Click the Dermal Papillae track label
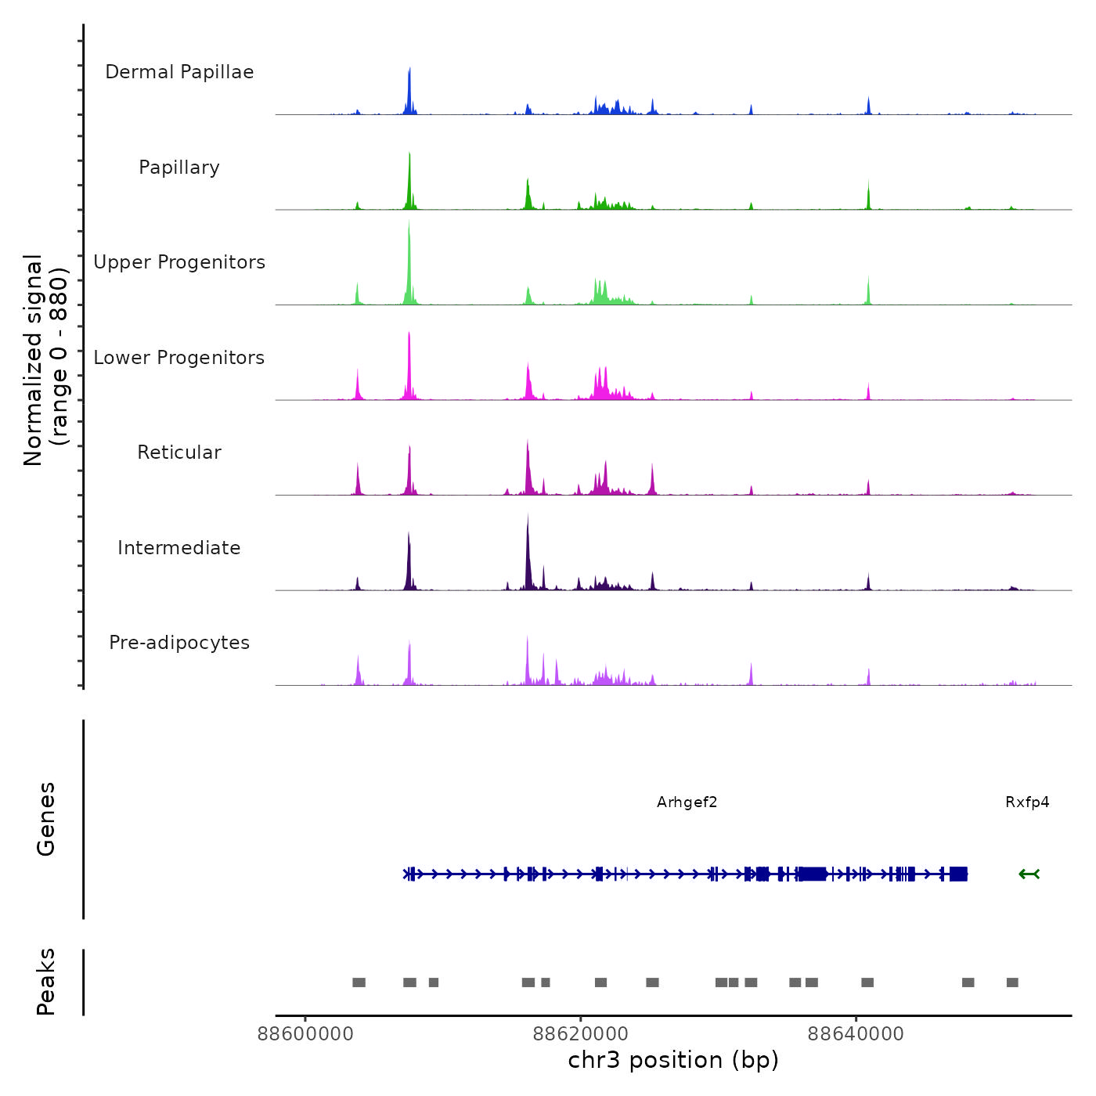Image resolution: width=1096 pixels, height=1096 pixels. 179,72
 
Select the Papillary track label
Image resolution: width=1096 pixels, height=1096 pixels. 179,168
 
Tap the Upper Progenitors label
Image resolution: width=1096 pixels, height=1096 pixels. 179,262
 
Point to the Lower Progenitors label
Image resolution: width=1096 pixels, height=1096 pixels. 179,358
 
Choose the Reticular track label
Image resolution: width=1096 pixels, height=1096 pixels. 179,452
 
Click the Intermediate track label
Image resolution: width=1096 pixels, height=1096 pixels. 179,548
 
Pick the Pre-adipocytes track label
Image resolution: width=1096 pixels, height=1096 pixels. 179,643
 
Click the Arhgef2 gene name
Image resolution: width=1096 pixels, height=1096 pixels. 687,802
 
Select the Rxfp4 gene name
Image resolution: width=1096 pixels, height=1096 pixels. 1027,802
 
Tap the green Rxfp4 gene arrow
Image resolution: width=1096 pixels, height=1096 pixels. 1029,874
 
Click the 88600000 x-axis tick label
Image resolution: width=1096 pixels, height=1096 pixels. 305,1034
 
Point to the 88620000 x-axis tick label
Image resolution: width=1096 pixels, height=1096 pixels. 581,1034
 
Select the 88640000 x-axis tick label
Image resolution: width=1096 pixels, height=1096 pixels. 856,1034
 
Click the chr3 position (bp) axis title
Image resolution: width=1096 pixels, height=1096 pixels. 673,1060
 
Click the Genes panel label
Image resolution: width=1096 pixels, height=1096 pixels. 46,819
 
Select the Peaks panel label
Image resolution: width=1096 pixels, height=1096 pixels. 46,982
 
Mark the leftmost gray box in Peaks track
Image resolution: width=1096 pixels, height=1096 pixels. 359,982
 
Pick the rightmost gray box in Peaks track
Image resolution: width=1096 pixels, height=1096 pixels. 1012,982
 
